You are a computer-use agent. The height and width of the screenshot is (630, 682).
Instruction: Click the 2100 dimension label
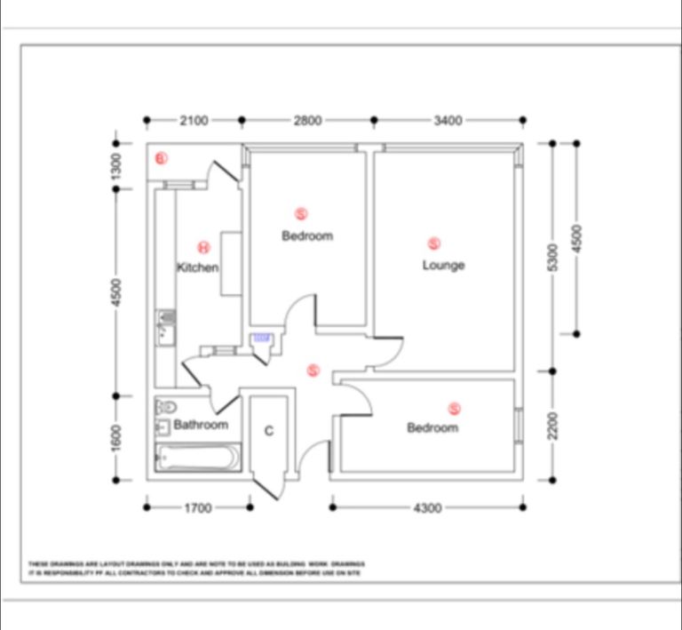(x=193, y=120)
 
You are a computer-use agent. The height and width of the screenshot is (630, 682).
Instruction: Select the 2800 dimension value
(x=307, y=120)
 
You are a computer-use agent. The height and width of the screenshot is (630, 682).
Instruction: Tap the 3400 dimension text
(x=448, y=120)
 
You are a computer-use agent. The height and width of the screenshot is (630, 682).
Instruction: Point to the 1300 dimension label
(x=115, y=165)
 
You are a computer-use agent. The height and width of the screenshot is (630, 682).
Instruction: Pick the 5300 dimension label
(x=552, y=258)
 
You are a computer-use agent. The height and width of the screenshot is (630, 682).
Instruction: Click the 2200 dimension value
(x=552, y=425)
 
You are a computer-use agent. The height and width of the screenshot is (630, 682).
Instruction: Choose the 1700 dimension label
(x=197, y=508)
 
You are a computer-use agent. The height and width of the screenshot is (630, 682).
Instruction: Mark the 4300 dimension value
(x=427, y=508)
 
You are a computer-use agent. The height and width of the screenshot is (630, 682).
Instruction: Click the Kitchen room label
(x=197, y=267)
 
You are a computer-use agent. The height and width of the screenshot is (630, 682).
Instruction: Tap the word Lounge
(x=443, y=265)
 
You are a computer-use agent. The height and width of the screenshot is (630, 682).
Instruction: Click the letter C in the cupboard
(x=268, y=432)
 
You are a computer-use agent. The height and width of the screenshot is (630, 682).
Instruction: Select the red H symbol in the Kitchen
(x=203, y=247)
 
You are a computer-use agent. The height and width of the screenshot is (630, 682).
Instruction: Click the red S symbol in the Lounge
(x=434, y=243)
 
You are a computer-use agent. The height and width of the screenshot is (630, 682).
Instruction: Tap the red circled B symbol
(x=161, y=159)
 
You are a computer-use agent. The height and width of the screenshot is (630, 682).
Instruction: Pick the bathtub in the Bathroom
(x=197, y=459)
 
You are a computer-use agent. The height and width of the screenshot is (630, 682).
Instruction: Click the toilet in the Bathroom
(x=163, y=407)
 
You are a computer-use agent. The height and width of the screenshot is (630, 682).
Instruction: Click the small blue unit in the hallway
(x=262, y=339)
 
